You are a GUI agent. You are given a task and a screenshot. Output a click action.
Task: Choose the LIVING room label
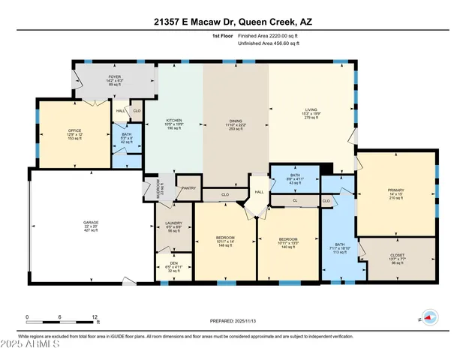pyautogui.click(x=305, y=112)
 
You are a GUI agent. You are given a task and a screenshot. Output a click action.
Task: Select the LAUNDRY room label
pyautogui.click(x=173, y=227)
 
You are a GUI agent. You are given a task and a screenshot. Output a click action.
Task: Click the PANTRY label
pyautogui.click(x=188, y=188)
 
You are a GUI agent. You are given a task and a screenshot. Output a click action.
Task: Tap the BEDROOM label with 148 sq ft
pyautogui.click(x=225, y=241)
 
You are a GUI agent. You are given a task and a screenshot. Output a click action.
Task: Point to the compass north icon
pyautogui.click(x=428, y=317)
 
